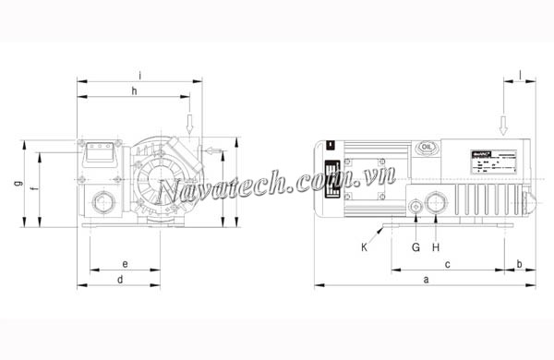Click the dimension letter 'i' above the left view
(138, 73)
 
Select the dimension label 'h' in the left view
(134, 90)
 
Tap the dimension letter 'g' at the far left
(18, 184)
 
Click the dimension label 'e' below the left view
(125, 264)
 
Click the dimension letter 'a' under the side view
(425, 278)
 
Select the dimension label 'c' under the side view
(448, 264)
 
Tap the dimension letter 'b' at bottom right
(519, 264)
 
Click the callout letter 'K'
(364, 246)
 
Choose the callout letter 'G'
(415, 246)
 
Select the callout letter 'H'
(435, 246)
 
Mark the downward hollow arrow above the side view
(503, 124)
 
